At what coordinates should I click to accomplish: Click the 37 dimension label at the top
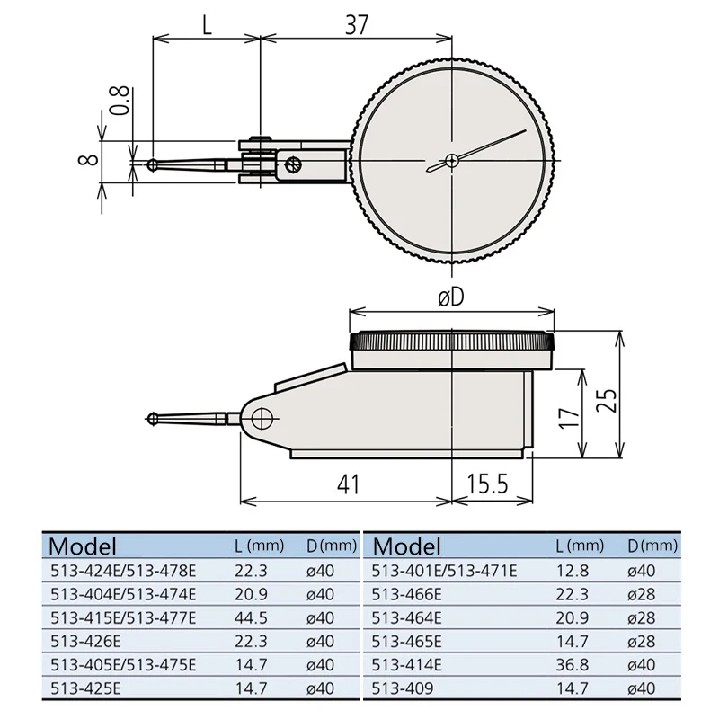pos(356,25)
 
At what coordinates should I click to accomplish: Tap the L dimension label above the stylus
pos(208,25)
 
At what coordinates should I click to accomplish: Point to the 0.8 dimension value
pos(120,101)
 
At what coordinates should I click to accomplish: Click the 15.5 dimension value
pos(487,484)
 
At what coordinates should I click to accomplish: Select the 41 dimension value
pos(349,484)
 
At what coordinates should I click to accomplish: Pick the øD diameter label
pos(451,298)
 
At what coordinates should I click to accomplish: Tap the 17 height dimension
pos(569,417)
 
